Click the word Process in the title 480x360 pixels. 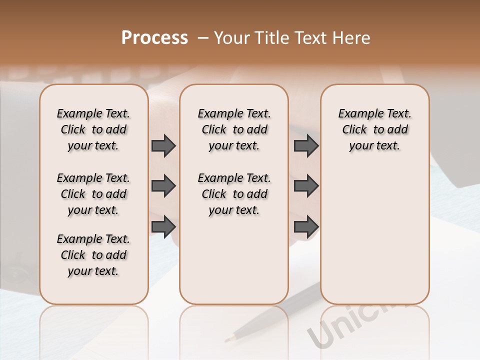(x=154, y=37)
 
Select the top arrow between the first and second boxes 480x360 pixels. (x=163, y=145)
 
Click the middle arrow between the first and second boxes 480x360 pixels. (x=163, y=186)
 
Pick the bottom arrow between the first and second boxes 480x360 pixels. (x=163, y=226)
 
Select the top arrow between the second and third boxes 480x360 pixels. (x=306, y=145)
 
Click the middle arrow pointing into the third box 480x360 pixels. (x=306, y=186)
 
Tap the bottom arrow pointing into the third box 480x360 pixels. (x=306, y=226)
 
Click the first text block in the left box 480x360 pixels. (x=93, y=129)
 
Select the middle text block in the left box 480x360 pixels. (x=93, y=194)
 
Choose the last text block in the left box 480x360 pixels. (x=93, y=255)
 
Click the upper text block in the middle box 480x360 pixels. (x=234, y=129)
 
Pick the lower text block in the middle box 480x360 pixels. (x=234, y=194)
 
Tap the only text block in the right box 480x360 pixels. (x=374, y=129)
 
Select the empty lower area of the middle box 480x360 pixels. (x=234, y=260)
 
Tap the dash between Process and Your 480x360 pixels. (x=203, y=38)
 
